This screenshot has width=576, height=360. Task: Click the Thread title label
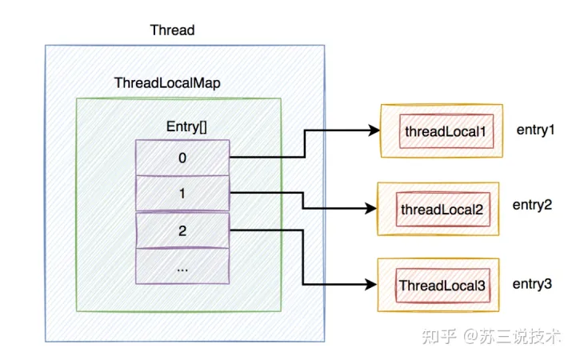[172, 30]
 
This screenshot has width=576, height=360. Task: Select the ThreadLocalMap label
[167, 83]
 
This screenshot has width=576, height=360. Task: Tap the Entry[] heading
[186, 126]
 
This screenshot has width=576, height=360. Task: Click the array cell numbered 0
[182, 158]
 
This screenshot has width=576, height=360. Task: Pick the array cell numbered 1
[182, 194]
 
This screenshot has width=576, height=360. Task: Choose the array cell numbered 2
[182, 230]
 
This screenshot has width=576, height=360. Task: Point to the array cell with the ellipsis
[182, 266]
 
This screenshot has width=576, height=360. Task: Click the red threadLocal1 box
[446, 131]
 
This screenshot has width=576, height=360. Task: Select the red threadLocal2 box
[443, 210]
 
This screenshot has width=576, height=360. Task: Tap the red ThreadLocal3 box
[443, 286]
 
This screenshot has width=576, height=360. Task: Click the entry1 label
[535, 130]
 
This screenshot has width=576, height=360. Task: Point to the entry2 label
[532, 205]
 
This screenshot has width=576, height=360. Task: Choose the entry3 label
[532, 284]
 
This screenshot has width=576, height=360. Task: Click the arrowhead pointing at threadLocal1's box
[374, 130]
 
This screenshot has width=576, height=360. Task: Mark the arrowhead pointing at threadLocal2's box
[371, 209]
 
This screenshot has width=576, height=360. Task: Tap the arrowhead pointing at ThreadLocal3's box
[371, 284]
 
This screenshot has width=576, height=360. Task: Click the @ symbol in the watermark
[470, 336]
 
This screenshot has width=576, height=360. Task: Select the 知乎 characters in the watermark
[439, 336]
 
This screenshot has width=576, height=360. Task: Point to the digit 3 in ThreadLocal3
[482, 286]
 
